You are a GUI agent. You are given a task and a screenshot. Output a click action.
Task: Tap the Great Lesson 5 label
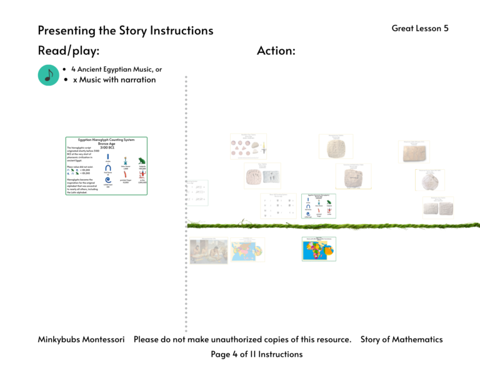point(420,28)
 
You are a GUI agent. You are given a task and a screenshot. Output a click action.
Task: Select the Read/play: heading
point(69,51)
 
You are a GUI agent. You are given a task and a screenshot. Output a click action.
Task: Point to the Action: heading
point(276,51)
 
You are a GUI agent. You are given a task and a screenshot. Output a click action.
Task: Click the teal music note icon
point(48,75)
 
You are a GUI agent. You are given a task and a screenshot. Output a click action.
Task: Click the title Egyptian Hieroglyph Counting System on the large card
point(107,140)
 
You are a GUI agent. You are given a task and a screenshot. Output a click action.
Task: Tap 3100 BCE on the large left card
point(107,147)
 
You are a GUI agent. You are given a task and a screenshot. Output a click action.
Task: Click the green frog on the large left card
point(141,160)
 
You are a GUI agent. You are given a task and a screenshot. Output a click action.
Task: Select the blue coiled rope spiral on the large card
point(108,180)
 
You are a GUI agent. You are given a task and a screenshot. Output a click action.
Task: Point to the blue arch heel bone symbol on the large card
point(108,168)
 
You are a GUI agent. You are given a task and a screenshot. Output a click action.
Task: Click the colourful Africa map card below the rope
point(319,249)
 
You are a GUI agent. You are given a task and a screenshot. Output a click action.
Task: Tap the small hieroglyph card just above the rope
point(319,207)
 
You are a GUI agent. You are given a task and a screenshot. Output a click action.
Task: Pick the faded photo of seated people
point(209,251)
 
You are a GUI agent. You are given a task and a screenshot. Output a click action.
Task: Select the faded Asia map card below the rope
point(248,250)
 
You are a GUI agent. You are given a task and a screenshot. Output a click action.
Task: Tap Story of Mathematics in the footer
point(401,339)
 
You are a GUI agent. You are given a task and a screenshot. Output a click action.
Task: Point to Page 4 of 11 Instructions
point(257,354)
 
